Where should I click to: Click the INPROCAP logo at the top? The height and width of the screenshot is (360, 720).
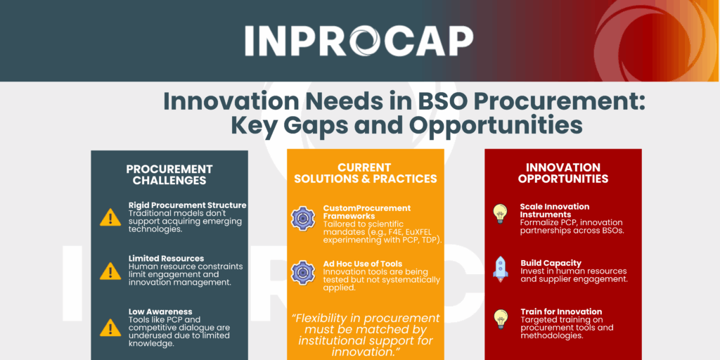click(359, 41)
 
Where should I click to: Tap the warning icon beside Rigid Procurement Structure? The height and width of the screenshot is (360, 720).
click(110, 217)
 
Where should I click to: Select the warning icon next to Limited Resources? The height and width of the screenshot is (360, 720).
click(110, 271)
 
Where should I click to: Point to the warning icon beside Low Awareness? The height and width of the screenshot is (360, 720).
click(110, 328)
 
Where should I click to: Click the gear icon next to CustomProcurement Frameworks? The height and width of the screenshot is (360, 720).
click(303, 219)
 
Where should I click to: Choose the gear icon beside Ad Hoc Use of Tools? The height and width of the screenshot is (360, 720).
click(303, 272)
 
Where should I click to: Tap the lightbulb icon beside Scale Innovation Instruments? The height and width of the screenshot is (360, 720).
click(500, 214)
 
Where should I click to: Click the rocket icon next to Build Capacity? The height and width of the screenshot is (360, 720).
click(500, 269)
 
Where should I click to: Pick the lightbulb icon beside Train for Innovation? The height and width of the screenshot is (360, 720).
click(500, 319)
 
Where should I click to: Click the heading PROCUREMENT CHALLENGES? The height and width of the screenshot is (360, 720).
click(169, 175)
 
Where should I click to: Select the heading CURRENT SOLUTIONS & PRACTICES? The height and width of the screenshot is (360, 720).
click(366, 173)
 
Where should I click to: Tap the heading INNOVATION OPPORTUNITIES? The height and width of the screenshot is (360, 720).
click(563, 173)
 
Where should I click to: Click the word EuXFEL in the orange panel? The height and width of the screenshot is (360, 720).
click(416, 232)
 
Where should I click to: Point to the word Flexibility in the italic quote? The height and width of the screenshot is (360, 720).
click(321, 319)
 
